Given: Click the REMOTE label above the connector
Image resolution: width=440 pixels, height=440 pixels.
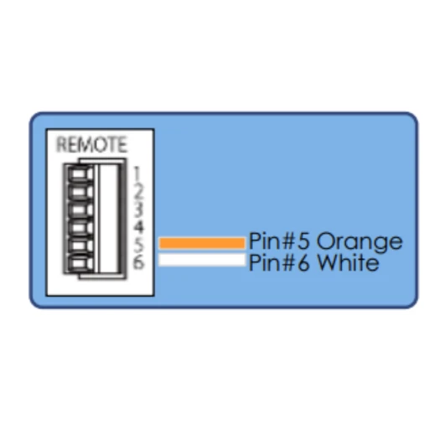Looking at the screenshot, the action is click(91, 145).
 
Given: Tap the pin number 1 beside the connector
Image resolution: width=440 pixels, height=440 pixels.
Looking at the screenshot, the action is click(137, 174).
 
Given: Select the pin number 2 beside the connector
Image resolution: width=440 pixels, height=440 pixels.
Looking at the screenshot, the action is click(138, 192).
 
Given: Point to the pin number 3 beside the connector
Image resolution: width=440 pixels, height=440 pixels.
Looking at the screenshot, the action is click(137, 210).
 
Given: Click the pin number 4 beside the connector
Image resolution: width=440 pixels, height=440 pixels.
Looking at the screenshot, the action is click(138, 227).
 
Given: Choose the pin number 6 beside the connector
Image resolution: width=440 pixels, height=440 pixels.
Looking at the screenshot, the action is click(138, 261).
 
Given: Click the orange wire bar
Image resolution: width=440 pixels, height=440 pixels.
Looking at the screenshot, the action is click(202, 243).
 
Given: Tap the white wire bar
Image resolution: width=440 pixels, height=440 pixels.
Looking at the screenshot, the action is click(202, 260).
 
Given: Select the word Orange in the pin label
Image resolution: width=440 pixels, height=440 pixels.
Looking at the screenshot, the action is click(360, 242).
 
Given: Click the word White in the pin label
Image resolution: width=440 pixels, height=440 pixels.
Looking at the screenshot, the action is click(348, 262).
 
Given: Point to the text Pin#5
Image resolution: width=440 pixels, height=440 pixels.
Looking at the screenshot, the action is click(279, 241).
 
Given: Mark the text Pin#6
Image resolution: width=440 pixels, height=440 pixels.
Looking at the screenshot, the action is click(279, 262).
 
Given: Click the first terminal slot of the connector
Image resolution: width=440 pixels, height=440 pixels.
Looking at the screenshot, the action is click(79, 174).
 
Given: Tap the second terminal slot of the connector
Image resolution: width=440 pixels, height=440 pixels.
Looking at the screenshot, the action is click(79, 192).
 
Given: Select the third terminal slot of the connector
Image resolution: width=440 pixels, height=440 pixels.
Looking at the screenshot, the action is click(79, 210).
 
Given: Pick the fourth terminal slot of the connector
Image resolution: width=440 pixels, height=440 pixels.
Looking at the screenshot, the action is click(79, 227).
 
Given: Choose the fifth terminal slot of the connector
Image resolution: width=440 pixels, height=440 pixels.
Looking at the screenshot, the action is click(79, 245).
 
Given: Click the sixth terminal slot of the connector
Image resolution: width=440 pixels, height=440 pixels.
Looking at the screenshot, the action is click(79, 262).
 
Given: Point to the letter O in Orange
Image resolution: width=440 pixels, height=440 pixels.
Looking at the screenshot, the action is click(326, 241).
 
